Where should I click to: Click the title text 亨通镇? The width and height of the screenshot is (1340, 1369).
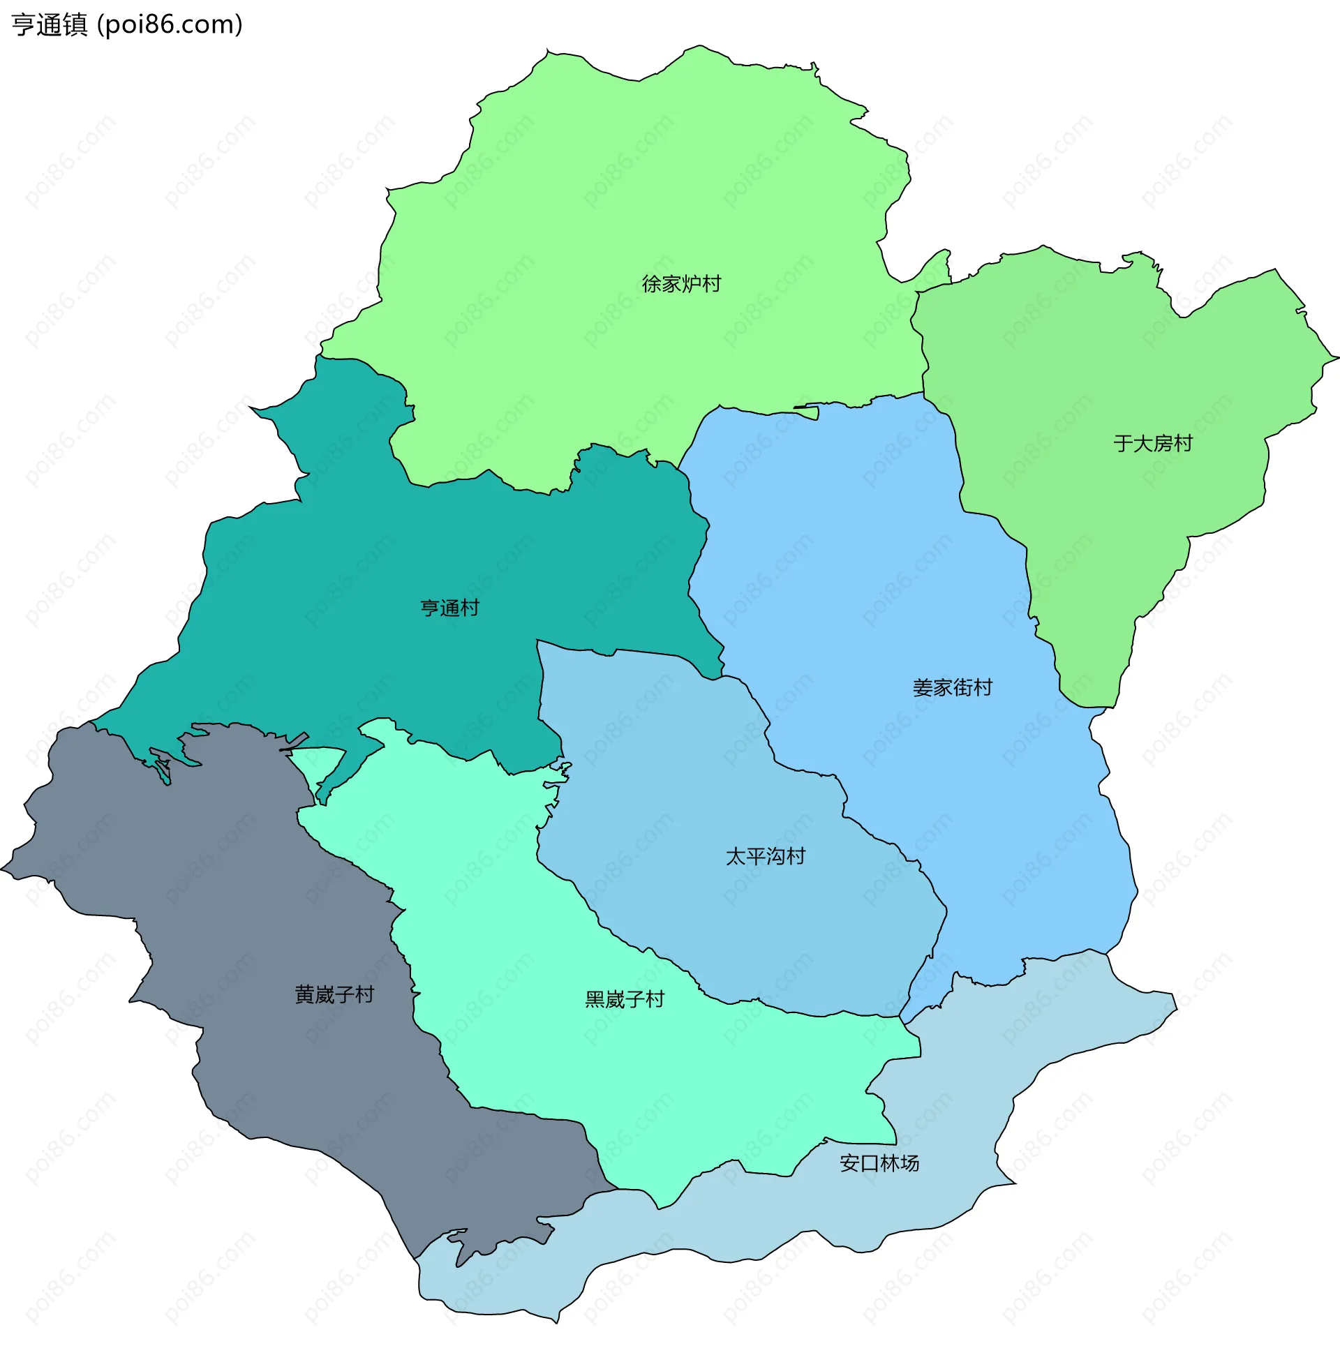50,25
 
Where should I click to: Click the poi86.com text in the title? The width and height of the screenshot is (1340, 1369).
170,25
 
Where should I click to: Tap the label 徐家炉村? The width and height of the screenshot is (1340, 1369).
681,284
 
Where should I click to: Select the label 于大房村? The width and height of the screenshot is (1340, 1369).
1153,444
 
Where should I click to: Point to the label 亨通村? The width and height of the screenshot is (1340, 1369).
449,608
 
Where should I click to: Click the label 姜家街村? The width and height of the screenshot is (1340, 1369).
952,688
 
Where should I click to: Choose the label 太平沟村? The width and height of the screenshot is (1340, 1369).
765,857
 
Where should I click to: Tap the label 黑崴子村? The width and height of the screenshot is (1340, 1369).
624,1000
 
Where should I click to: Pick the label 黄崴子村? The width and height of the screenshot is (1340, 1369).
334,995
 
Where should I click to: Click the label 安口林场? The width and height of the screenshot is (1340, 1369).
879,1164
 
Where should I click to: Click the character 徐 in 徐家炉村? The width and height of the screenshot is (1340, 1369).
652,284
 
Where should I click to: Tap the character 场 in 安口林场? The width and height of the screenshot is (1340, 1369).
909,1164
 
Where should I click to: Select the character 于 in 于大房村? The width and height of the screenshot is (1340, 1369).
1123,444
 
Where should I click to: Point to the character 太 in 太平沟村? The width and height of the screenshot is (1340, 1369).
736,857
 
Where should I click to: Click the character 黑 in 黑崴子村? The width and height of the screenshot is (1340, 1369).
595,1000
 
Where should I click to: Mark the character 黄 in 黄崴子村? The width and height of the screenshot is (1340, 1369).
305,995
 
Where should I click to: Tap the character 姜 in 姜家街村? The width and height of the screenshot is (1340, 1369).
923,688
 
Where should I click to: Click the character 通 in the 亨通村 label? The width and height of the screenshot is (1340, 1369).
449,608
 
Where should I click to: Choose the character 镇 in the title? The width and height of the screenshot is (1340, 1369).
75,25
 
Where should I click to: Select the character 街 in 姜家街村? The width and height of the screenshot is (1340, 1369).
962,688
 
